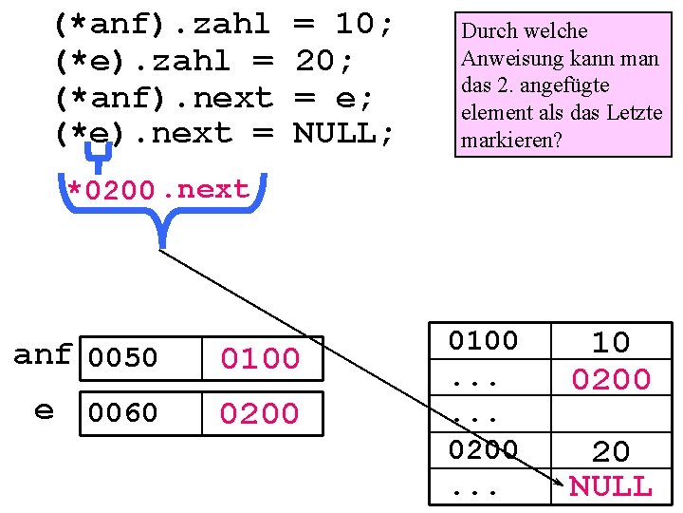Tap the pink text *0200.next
click(x=157, y=190)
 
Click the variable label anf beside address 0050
click(x=42, y=355)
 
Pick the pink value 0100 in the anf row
click(x=260, y=358)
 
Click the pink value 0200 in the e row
click(x=260, y=413)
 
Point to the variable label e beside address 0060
click(x=44, y=410)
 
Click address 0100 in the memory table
click(x=483, y=341)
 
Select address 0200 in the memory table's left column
click(x=483, y=448)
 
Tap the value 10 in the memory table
click(x=610, y=342)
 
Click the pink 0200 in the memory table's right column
click(x=610, y=380)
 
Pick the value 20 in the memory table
click(x=610, y=451)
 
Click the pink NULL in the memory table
click(x=610, y=487)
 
